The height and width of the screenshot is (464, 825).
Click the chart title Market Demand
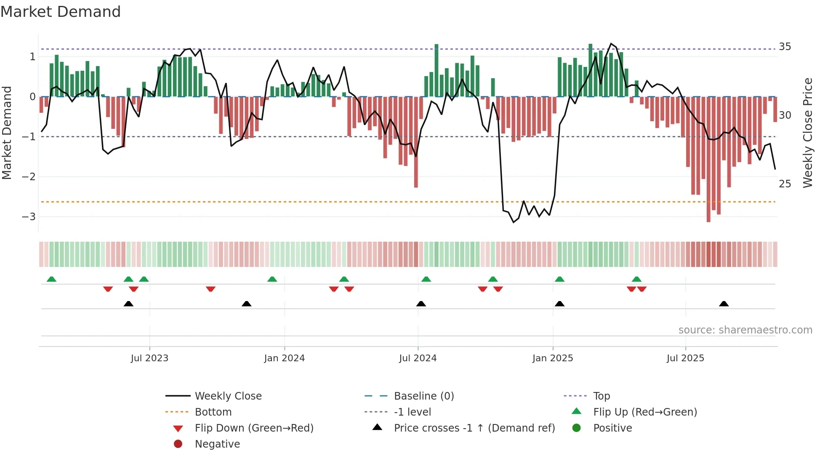61,11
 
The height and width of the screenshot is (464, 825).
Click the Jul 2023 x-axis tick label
149,358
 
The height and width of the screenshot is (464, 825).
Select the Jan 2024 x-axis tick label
284,358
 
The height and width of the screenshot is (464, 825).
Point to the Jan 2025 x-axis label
552,358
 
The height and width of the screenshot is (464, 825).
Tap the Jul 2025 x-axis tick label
685,358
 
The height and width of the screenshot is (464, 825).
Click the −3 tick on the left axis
29,217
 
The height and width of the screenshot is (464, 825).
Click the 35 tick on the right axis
785,47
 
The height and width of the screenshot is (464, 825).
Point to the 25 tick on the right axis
785,184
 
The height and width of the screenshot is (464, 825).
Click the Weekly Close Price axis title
807,133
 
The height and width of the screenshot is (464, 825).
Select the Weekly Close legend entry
228,396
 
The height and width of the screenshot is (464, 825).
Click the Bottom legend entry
213,412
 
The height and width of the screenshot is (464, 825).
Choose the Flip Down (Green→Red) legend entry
254,428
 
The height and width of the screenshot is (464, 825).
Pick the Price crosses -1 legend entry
474,428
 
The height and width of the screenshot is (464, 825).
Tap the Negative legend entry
217,444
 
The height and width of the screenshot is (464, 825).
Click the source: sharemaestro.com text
745,330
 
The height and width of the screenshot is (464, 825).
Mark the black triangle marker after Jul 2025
724,304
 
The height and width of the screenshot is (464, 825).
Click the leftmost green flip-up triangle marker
51,279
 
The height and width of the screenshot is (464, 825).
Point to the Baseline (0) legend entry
423,396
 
